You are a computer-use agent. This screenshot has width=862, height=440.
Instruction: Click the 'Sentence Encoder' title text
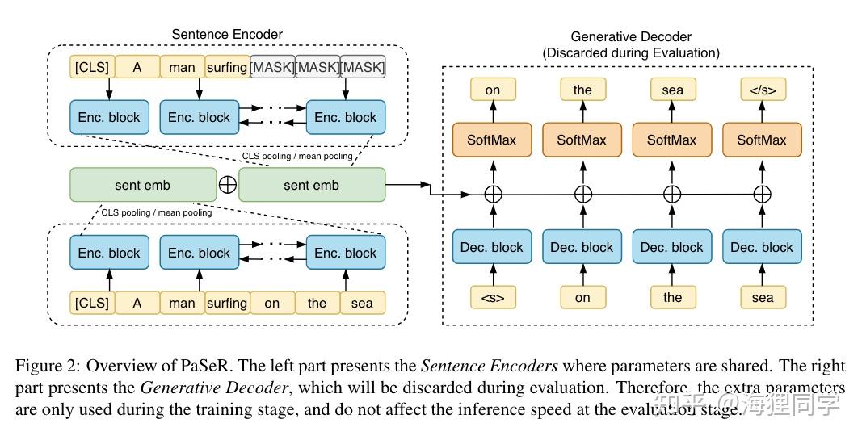click(x=227, y=34)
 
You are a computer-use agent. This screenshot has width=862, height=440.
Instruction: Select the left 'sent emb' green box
click(x=142, y=185)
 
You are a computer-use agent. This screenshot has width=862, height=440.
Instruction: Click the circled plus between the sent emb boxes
click(x=228, y=185)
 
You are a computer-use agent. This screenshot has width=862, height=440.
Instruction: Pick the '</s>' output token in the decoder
click(x=762, y=90)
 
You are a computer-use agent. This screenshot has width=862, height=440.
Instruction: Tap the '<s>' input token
click(x=492, y=297)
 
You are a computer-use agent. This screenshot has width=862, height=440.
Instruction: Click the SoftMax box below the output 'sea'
click(x=671, y=140)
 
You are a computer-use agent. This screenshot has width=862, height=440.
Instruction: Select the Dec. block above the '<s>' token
click(x=492, y=247)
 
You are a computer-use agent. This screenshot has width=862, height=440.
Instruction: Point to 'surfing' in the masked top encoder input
click(x=226, y=67)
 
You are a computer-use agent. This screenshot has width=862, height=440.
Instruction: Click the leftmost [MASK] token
click(x=272, y=67)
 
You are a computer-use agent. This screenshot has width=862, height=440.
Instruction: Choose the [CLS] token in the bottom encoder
click(x=91, y=303)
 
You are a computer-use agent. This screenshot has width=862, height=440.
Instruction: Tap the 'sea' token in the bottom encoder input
click(x=362, y=303)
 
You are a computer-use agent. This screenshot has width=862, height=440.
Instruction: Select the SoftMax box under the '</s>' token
click(x=762, y=140)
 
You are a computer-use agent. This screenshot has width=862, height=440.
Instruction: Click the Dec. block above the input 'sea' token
click(x=762, y=247)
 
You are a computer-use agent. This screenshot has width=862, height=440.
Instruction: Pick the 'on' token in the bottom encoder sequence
click(x=272, y=303)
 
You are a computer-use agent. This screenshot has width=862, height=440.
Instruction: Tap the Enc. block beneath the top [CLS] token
click(x=109, y=118)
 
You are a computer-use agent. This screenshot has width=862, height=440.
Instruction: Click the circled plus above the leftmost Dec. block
click(x=492, y=195)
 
